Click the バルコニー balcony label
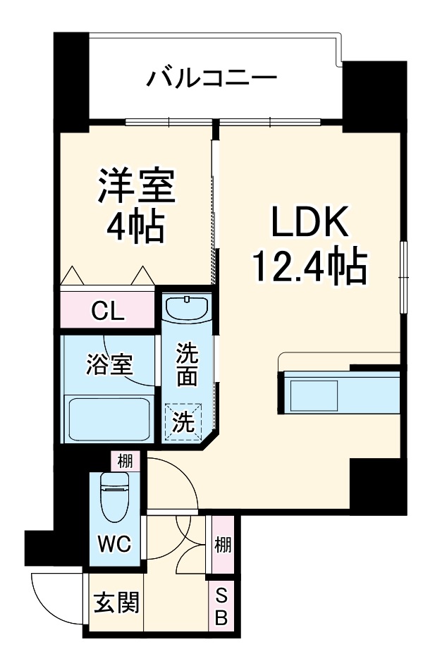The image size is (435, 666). tap(211, 77)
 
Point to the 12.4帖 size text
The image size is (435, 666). tap(310, 267)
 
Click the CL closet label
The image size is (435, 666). tap(108, 311)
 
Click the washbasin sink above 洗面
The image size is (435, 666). tap(186, 308)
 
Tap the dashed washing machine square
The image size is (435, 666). tap(183, 421)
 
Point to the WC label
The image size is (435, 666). tap(114, 543)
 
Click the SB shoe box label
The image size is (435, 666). tap(221, 607)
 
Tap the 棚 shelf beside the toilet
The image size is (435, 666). tap(125, 462)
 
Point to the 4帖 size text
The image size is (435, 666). tap(135, 227)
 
